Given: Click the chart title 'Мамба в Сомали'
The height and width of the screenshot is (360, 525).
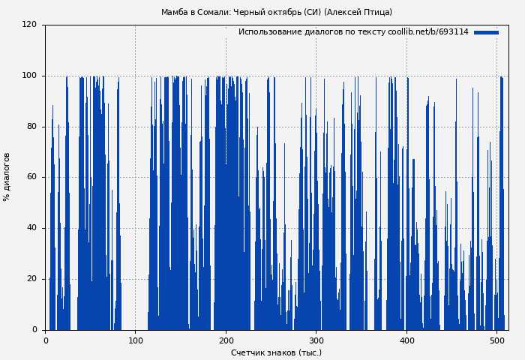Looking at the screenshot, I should click(x=196, y=12).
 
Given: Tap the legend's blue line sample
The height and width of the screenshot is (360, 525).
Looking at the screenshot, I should click(x=486, y=32).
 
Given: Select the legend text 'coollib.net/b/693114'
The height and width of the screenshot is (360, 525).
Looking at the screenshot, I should click(x=428, y=32).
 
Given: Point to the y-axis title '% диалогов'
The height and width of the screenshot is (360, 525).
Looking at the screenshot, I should click(x=7, y=177).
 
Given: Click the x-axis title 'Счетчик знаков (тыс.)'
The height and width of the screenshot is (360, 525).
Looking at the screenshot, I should click(x=276, y=352).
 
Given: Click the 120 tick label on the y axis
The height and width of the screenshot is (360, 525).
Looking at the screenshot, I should click(x=29, y=25).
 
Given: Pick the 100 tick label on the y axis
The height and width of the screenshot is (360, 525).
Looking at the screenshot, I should click(x=29, y=76).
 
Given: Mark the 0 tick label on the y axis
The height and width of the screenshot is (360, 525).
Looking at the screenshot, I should click(x=34, y=330).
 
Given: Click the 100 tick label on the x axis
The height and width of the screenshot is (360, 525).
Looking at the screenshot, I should click(x=136, y=340).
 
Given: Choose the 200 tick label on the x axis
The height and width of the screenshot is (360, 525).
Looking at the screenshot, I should click(x=226, y=340).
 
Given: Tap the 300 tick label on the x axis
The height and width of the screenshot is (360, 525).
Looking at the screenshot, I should click(x=316, y=340).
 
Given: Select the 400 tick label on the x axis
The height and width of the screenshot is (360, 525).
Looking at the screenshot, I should click(x=406, y=340).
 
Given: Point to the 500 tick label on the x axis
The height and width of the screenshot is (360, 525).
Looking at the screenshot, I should click(x=496, y=340).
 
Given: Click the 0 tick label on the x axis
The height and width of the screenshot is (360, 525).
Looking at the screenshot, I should click(x=46, y=340).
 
